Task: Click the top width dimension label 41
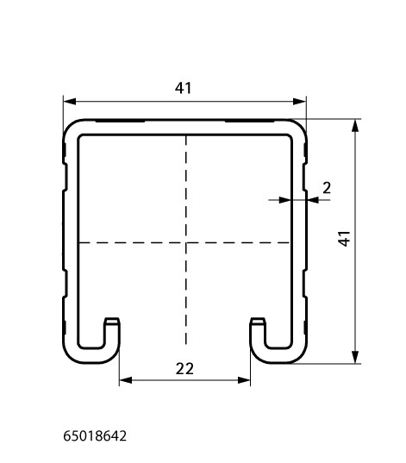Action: (x=183, y=88)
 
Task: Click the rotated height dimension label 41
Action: (x=344, y=239)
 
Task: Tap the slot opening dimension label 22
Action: (x=184, y=369)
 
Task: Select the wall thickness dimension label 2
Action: (x=327, y=188)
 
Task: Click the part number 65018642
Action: (x=95, y=435)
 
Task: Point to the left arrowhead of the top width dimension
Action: (x=70, y=102)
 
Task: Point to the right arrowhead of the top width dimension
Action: (x=299, y=102)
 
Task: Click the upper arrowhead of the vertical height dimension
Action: (x=355, y=126)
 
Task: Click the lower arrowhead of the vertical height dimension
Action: (x=355, y=357)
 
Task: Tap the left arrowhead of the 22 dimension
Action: (x=126, y=380)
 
